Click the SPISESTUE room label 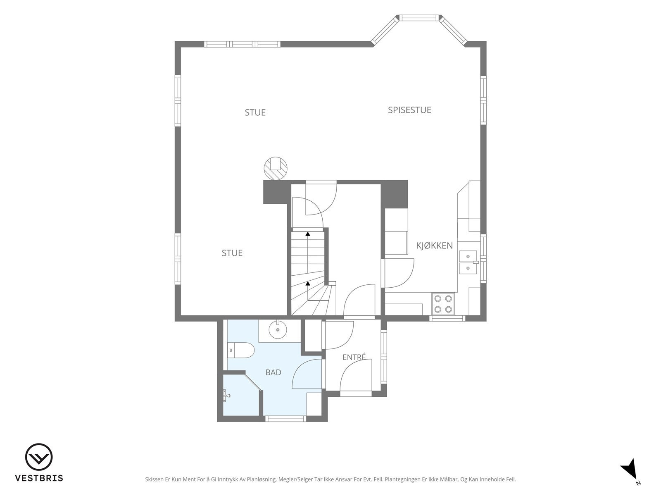click(409, 110)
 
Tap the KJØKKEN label click(434, 246)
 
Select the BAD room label click(273, 372)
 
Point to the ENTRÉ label click(354, 357)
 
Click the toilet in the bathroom click(241, 350)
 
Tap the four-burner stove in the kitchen click(443, 304)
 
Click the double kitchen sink click(468, 262)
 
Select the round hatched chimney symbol click(275, 168)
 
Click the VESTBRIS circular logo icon click(39, 457)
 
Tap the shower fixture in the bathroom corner click(226, 396)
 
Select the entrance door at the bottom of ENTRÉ click(356, 393)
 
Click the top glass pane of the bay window click(418, 18)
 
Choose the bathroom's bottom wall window click(285, 419)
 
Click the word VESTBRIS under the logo click(39, 478)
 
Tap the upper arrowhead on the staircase click(308, 234)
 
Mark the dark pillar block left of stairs click(275, 192)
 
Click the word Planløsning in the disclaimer click(262, 479)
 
